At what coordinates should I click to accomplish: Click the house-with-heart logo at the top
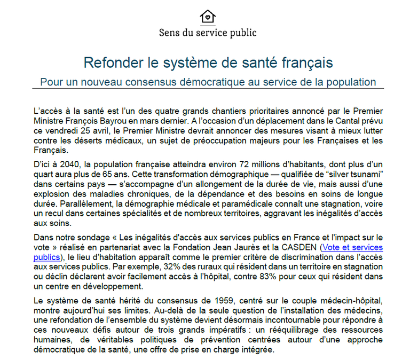coord(208,16)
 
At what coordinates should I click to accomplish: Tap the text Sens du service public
coord(208,33)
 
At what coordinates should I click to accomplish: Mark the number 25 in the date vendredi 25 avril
coord(89,131)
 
